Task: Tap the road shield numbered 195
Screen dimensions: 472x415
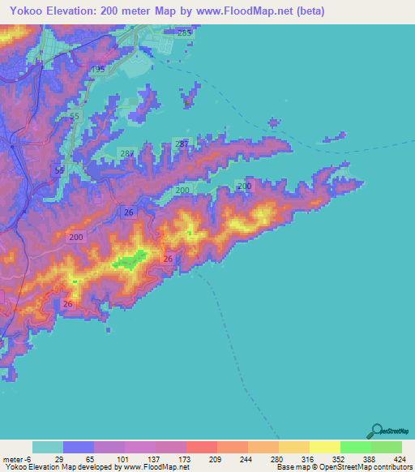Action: coord(98,70)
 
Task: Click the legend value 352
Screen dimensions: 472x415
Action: coord(340,459)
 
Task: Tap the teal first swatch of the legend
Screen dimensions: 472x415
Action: coord(48,448)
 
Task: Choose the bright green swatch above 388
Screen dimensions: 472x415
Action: coord(355,448)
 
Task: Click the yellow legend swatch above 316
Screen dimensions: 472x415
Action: coord(294,448)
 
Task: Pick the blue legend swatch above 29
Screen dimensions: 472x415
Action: coord(79,448)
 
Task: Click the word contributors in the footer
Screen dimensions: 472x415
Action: coord(392,468)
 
